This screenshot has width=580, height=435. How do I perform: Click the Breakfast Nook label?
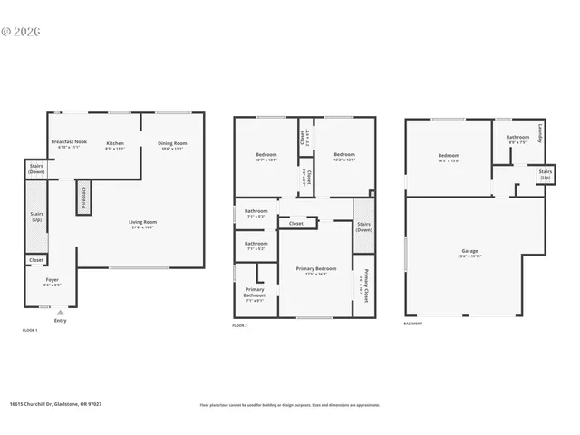68,142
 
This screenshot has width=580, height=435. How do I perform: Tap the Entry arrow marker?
61,312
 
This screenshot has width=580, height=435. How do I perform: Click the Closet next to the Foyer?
36,260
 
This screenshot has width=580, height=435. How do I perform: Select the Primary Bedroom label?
315,269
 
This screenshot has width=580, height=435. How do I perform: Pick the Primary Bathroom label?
255,292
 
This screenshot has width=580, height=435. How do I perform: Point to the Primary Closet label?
366,285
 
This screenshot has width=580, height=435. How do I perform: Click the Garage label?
469,251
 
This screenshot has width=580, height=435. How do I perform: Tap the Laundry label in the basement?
540,132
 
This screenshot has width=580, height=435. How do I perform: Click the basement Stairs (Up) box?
545,174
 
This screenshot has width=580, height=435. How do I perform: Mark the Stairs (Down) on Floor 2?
364,226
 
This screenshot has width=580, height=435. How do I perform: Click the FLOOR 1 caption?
30,330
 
